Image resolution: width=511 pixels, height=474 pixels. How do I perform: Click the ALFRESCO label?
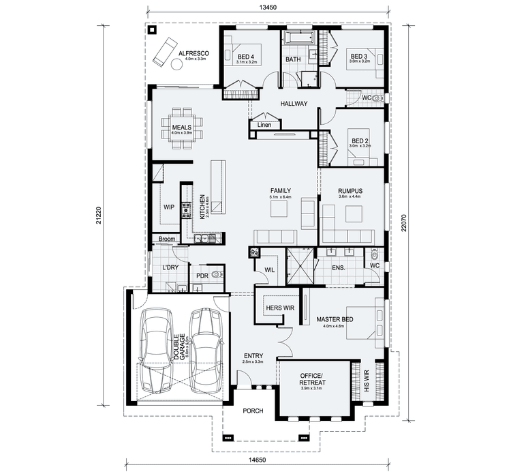(193, 53)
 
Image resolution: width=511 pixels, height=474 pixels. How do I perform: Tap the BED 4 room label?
(245, 57)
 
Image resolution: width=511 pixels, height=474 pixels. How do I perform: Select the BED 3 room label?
(359, 56)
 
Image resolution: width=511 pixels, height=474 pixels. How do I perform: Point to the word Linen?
(264, 125)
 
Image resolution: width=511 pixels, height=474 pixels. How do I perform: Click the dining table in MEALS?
(181, 127)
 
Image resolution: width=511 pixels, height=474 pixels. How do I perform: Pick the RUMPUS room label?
(350, 192)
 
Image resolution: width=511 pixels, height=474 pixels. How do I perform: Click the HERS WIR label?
(279, 308)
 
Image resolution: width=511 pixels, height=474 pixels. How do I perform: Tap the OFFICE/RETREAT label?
(313, 379)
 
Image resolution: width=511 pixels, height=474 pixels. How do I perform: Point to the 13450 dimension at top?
(268, 9)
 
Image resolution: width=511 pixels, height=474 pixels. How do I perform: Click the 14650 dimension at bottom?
(257, 461)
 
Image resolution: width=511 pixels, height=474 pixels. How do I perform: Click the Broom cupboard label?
(167, 239)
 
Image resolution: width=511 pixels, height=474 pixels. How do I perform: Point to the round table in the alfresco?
(176, 65)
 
